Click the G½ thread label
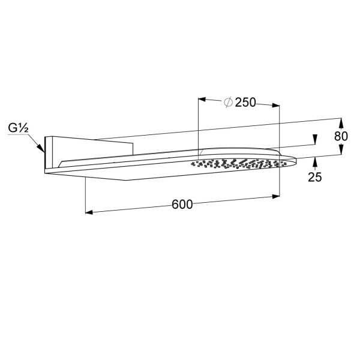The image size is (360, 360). (18, 128)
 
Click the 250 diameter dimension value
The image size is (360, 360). (245, 103)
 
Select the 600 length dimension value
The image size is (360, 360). (182, 204)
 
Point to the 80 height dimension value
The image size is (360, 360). (341, 136)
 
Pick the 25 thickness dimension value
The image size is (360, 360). (315, 177)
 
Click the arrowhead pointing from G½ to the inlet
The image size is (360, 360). (41, 148)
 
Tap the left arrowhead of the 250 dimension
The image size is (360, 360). (202, 100)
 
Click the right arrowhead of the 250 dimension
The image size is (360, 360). (276, 106)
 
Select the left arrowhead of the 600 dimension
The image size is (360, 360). (89, 212)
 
